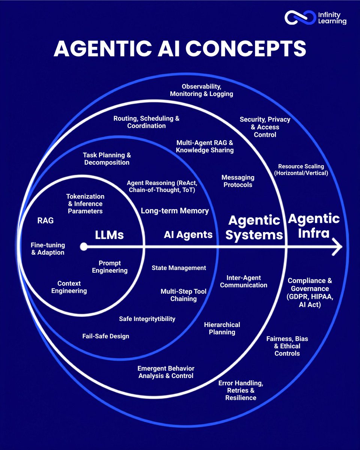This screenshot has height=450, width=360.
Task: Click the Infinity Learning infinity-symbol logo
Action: (x=300, y=18)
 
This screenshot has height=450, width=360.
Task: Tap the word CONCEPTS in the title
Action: (x=246, y=48)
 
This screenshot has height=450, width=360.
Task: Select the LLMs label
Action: (x=109, y=235)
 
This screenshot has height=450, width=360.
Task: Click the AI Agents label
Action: (x=188, y=235)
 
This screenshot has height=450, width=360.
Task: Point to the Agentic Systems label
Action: (x=254, y=228)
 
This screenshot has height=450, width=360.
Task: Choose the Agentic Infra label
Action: (x=314, y=226)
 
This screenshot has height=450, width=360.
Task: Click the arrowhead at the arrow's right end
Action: (x=337, y=247)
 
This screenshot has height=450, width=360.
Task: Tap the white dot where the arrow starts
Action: (x=84, y=247)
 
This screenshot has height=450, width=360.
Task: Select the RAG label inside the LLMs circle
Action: (x=45, y=220)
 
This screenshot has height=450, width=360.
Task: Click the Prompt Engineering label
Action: (x=109, y=267)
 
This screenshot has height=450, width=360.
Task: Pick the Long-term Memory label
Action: (x=175, y=211)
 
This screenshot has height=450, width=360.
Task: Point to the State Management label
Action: (x=179, y=268)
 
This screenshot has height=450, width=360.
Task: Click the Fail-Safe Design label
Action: (x=106, y=336)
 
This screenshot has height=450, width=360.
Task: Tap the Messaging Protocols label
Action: (x=238, y=181)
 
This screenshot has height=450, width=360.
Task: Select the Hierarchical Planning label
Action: (x=222, y=328)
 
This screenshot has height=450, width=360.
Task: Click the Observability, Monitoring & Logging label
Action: (x=201, y=90)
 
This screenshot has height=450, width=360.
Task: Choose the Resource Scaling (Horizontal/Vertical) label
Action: (x=301, y=169)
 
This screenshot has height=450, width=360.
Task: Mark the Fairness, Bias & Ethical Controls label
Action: (x=287, y=346)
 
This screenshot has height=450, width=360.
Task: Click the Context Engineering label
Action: (x=69, y=287)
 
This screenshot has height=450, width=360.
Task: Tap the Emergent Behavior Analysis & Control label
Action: (x=166, y=372)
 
